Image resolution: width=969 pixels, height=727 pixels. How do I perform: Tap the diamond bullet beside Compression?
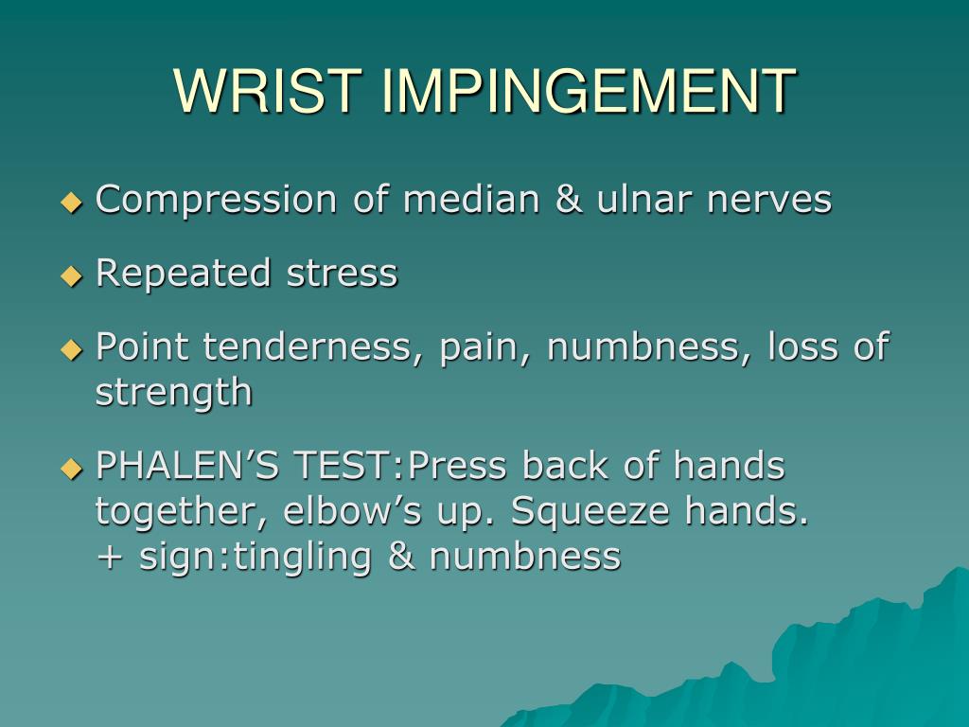[72, 203]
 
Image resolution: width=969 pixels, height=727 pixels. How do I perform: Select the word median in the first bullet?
[471, 199]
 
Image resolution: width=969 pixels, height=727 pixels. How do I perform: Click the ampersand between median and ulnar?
[569, 200]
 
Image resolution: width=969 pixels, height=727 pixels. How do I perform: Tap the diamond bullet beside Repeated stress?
[72, 275]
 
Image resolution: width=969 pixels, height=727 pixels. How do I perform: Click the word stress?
[343, 274]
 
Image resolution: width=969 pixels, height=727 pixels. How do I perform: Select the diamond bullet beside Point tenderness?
[72, 349]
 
